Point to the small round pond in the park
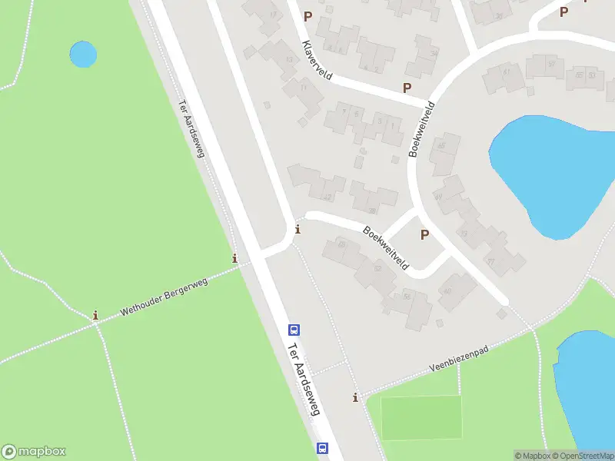(83, 54)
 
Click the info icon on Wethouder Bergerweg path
(95, 315)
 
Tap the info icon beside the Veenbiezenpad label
(355, 397)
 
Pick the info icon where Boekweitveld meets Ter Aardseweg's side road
(298, 229)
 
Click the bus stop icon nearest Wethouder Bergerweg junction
(294, 330)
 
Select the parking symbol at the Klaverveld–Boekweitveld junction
(407, 88)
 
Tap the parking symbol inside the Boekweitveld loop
(424, 234)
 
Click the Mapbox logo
(34, 452)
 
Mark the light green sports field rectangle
(421, 417)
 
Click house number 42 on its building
(328, 197)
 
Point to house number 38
(372, 210)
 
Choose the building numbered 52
(377, 268)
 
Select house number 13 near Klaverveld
(289, 60)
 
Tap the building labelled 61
(507, 71)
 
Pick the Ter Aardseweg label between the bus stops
(303, 379)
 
